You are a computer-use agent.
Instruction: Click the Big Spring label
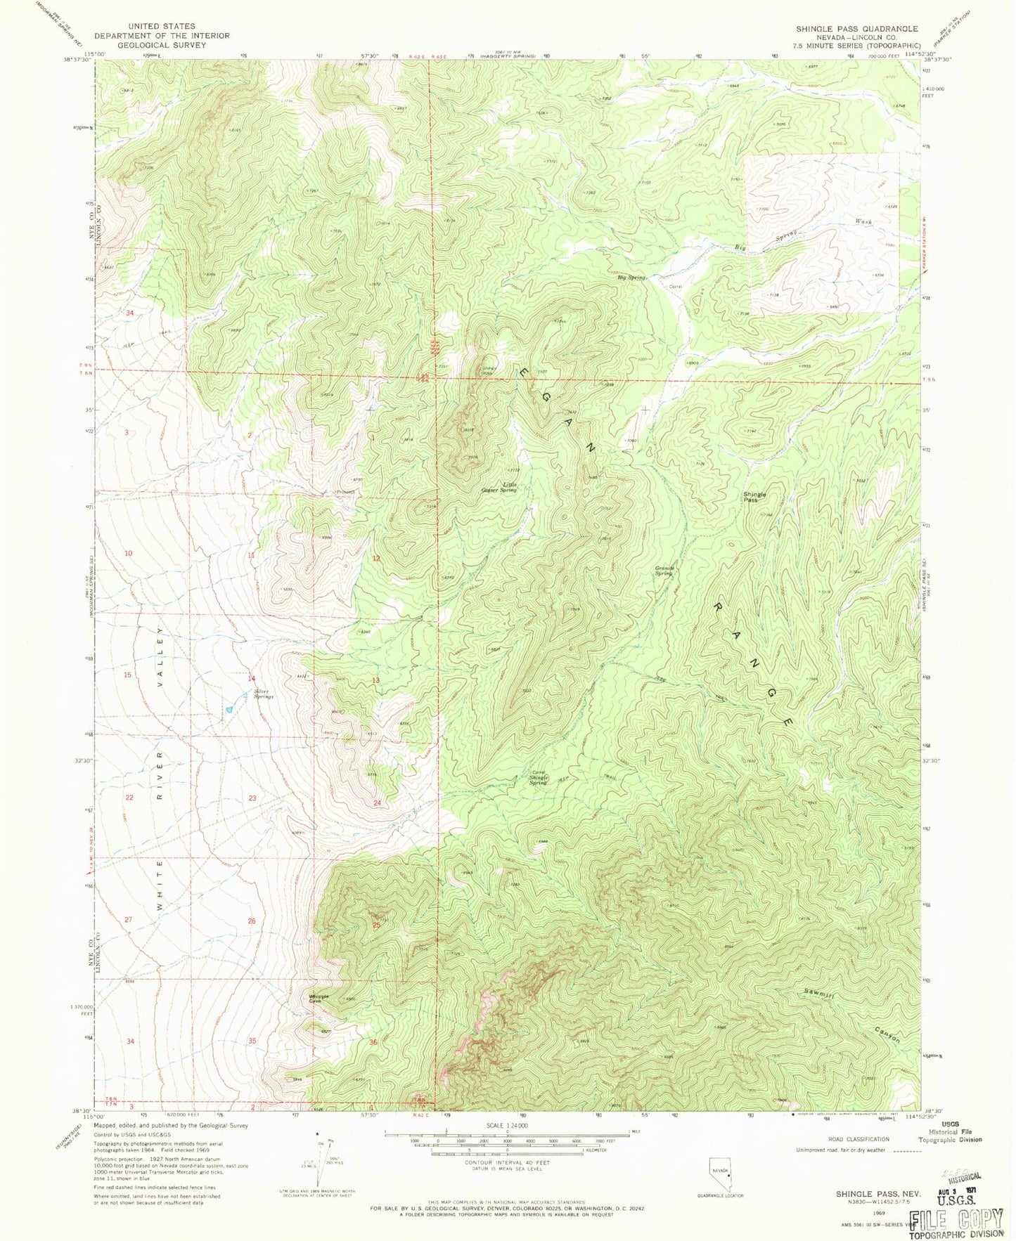(631, 278)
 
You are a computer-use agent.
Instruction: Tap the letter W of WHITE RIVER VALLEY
(161, 907)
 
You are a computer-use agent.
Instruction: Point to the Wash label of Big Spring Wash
(863, 221)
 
